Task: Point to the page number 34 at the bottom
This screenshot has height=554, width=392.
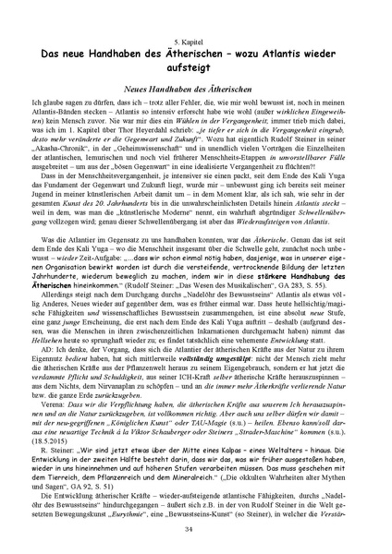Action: coord(196,529)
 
